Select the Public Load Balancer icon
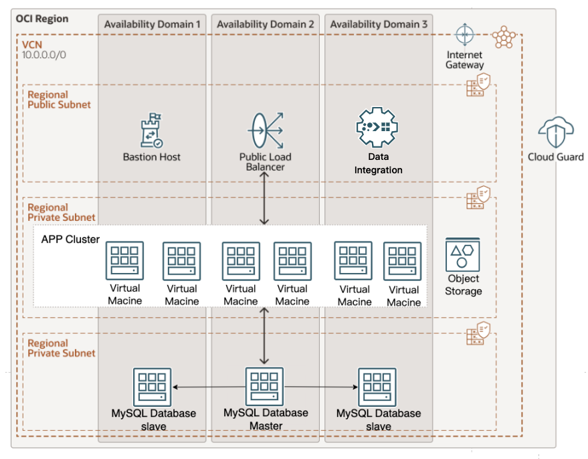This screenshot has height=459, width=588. (x=266, y=131)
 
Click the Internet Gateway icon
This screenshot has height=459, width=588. (x=464, y=35)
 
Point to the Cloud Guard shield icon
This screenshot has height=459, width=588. (x=555, y=132)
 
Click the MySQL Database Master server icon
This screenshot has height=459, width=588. (x=266, y=386)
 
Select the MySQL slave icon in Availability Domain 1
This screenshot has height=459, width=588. (x=153, y=387)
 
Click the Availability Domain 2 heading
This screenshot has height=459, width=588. (x=266, y=25)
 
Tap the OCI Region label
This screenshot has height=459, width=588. (x=42, y=19)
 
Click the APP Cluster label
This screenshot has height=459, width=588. (x=70, y=240)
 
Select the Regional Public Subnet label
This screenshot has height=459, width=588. (x=59, y=100)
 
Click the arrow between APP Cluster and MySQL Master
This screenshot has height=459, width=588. (x=266, y=336)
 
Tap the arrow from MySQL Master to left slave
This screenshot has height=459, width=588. (x=208, y=387)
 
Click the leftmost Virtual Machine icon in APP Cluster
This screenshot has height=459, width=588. (x=124, y=261)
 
